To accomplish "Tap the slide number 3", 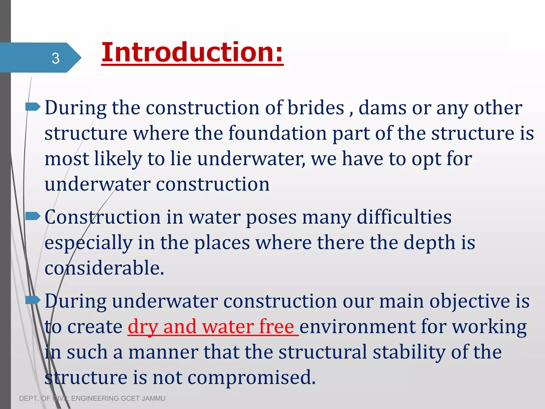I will (55, 58).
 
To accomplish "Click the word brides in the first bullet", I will (316, 108).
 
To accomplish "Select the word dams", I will (382, 108).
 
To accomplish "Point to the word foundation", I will (278, 133).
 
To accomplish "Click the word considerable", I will (104, 268).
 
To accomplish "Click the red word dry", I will (143, 327).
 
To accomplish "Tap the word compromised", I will (251, 378).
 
